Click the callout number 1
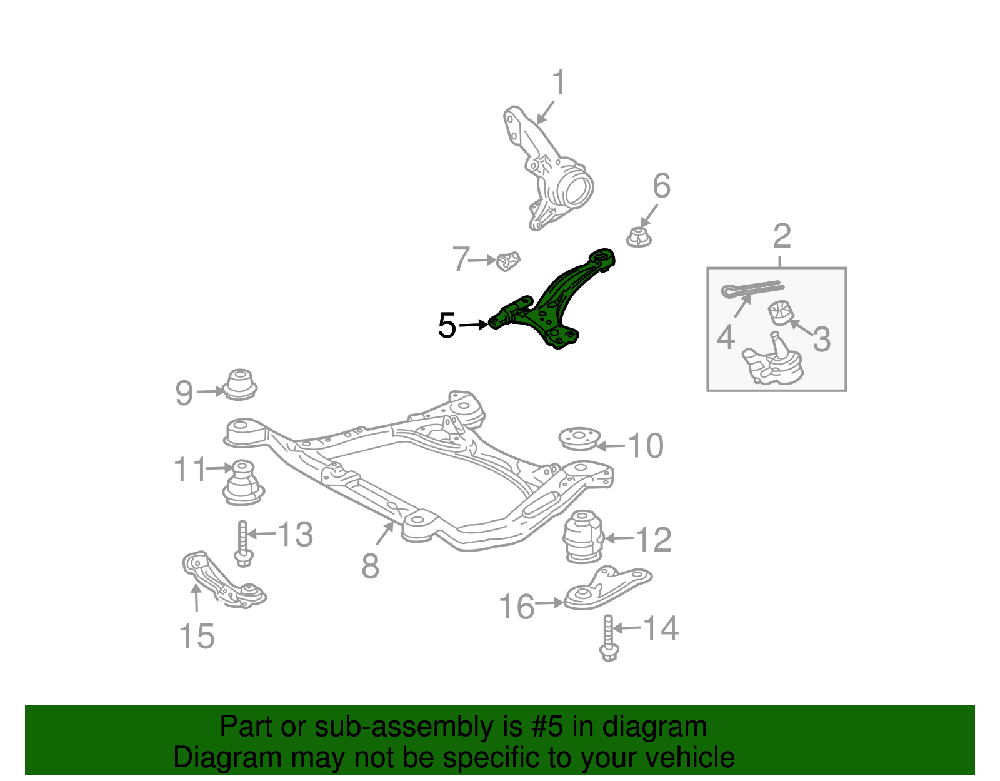(x=559, y=83)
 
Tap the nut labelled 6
(x=639, y=237)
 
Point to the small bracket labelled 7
(x=508, y=261)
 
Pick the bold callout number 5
(x=447, y=325)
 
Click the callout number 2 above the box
(x=782, y=236)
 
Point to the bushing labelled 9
(x=240, y=385)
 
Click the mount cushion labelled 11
(x=244, y=482)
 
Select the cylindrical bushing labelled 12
(x=583, y=536)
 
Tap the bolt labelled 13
(x=243, y=543)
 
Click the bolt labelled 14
(x=608, y=638)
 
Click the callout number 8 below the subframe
(x=371, y=566)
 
